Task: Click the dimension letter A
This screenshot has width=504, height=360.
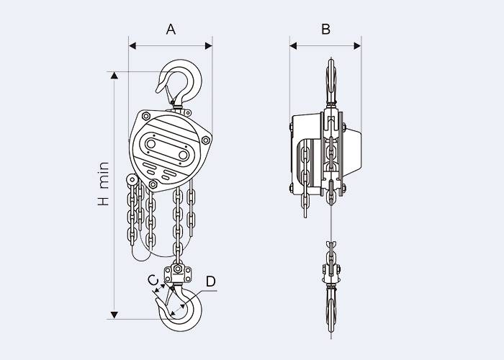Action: coord(171,30)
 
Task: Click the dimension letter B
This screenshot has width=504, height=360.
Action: coord(325,30)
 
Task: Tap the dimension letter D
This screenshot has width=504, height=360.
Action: coord(210,282)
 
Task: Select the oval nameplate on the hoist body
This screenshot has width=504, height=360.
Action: coord(167,149)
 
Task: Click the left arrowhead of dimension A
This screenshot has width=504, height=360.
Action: coord(132,45)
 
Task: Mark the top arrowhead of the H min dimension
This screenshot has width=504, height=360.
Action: coord(114,75)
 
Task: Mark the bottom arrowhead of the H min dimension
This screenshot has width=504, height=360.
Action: coord(114,315)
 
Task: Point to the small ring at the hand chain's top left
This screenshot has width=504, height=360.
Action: coord(131,181)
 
